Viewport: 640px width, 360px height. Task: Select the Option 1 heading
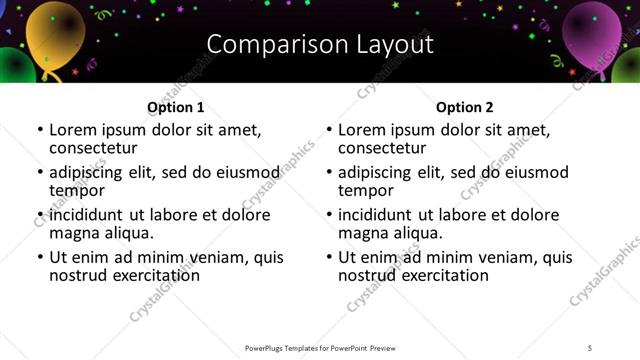click(176, 107)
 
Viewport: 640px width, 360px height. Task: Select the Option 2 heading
click(465, 107)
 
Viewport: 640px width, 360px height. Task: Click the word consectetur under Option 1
click(93, 148)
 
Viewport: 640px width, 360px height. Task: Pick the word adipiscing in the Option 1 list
click(89, 172)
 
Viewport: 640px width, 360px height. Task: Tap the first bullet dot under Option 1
click(40, 130)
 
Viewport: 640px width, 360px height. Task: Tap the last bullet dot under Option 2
click(329, 258)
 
